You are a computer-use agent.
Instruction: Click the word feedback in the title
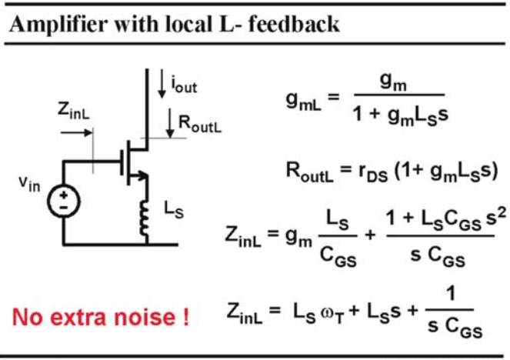point(294,24)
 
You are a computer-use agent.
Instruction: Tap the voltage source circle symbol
point(64,201)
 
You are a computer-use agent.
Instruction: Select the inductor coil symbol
point(144,218)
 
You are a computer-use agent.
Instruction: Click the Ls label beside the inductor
point(174,209)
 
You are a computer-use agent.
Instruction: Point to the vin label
point(29,185)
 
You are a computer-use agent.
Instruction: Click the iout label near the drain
point(184,85)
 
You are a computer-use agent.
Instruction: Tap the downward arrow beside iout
point(162,84)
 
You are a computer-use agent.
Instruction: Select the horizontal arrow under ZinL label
point(76,132)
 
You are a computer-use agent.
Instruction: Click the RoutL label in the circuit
point(200,124)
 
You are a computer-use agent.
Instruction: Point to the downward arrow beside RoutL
point(170,124)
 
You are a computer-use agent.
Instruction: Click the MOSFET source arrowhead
point(142,175)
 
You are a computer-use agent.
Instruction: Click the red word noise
point(145,318)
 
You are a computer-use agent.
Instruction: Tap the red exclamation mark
point(185,317)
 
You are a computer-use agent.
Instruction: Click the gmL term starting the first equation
point(304,101)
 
